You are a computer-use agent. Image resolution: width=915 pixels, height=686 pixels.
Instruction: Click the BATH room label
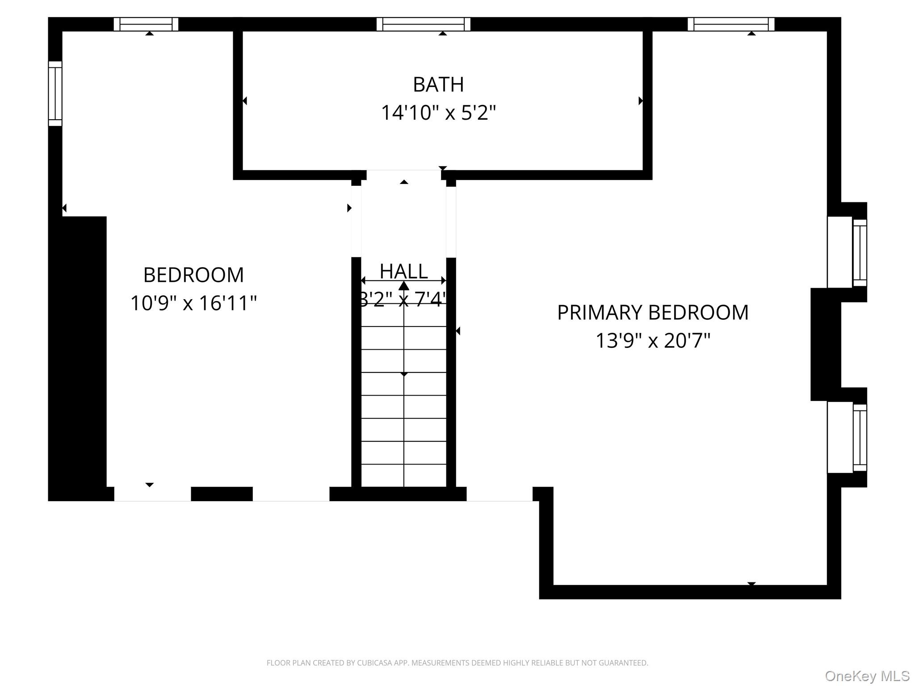click(438, 84)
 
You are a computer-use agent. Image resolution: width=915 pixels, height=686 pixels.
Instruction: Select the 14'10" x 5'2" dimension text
click(438, 113)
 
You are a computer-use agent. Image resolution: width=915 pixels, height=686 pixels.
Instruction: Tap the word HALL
click(403, 271)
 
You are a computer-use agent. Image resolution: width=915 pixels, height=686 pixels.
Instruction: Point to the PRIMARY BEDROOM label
click(653, 312)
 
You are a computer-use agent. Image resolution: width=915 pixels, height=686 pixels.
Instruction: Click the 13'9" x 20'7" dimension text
click(653, 341)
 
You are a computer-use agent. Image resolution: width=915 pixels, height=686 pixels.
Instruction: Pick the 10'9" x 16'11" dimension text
click(193, 303)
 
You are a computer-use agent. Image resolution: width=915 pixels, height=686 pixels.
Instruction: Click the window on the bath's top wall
click(424, 24)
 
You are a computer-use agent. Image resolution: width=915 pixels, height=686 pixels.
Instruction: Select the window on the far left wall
click(55, 93)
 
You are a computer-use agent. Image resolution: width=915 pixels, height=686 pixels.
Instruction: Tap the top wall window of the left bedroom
click(146, 24)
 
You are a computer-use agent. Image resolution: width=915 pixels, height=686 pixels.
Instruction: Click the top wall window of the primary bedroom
click(731, 24)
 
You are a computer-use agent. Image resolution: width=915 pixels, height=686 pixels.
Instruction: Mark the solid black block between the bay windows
click(826, 344)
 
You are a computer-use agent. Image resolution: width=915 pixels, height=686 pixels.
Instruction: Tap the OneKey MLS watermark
click(867, 676)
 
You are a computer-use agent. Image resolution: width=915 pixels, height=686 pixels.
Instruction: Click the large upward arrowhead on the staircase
click(404, 286)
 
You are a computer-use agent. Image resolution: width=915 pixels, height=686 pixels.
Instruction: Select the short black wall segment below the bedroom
click(222, 494)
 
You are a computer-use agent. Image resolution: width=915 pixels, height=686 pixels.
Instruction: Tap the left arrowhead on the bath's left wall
click(244, 101)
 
